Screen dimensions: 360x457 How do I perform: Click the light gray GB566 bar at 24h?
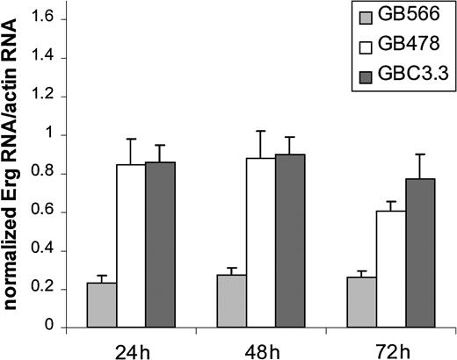tap(102, 305)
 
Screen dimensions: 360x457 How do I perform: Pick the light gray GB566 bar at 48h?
tap(231, 301)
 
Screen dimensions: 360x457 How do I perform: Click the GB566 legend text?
tap(411, 18)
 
